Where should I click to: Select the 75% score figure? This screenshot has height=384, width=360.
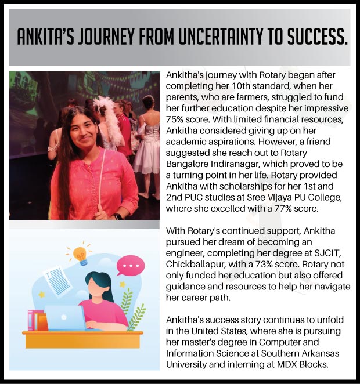[x=177, y=118]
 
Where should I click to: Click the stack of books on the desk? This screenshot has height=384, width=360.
[x=36, y=320]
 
